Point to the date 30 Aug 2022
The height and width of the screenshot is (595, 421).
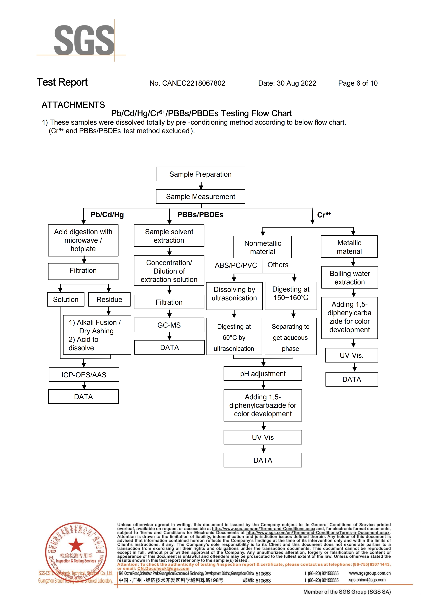click(x=296, y=83)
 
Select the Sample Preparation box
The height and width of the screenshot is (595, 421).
click(x=200, y=174)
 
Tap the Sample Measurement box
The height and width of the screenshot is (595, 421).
click(x=200, y=196)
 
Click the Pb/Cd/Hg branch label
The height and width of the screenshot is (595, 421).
click(x=107, y=215)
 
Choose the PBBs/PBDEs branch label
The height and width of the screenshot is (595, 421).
click(x=200, y=215)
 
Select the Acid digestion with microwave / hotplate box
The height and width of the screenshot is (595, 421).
click(x=83, y=240)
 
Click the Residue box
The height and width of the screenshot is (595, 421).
click(x=109, y=300)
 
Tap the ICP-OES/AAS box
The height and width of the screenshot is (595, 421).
click(x=84, y=375)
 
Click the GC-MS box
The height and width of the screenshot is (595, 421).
click(x=169, y=325)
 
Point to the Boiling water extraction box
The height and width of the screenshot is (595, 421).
click(x=350, y=277)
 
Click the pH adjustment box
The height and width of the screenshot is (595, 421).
click(x=263, y=374)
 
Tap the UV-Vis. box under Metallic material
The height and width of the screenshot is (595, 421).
click(x=352, y=355)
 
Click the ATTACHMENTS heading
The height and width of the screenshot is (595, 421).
click(x=73, y=105)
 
